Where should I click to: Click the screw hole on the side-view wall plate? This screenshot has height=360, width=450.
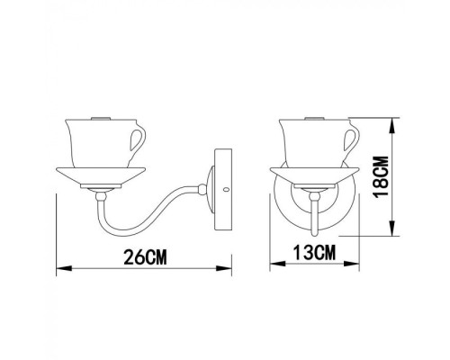(x=225, y=190)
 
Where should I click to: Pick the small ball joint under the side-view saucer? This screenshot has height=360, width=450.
(x=102, y=193)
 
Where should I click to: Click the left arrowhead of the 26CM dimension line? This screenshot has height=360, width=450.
(x=59, y=267)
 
